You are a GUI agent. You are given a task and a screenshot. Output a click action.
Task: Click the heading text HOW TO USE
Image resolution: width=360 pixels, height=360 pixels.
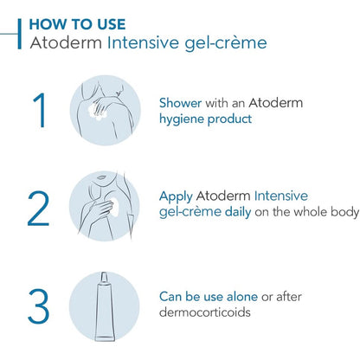(x=77, y=24)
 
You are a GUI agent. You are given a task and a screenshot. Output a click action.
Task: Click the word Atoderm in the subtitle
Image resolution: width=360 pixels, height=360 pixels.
(x=66, y=42)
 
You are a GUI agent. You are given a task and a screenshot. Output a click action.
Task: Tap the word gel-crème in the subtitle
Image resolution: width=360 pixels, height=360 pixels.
(x=226, y=43)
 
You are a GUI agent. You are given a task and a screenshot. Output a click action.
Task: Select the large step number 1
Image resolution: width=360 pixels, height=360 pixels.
(x=40, y=110)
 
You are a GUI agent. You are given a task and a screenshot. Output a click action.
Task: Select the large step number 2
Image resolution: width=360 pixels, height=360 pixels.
(x=38, y=208)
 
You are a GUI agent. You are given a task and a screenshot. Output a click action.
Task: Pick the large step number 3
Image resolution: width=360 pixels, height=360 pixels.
(x=39, y=306)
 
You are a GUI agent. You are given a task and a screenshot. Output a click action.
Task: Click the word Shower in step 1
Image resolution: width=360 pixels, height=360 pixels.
(x=180, y=103)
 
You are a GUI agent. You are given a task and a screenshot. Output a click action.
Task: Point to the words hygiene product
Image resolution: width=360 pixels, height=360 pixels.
(x=205, y=119)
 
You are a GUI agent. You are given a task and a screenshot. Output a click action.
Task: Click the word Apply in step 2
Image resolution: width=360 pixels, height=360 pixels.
(x=176, y=197)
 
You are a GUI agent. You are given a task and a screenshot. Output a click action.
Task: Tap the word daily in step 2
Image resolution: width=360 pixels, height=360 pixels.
(x=238, y=212)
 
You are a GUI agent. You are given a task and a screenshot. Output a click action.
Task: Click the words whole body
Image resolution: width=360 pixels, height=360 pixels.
(x=326, y=212)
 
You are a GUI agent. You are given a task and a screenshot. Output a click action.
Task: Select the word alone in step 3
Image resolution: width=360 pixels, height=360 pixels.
(x=242, y=297)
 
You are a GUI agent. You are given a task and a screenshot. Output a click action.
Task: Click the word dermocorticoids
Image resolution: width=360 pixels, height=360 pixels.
(x=205, y=312)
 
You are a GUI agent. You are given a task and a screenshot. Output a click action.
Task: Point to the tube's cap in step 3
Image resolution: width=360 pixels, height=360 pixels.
(x=104, y=277)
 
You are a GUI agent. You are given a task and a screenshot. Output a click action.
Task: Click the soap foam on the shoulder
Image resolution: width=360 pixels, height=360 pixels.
(x=98, y=112)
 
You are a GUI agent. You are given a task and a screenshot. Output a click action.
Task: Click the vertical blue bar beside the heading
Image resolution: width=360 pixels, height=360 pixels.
(x=20, y=34)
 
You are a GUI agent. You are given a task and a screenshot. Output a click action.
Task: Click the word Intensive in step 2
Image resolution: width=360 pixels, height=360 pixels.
(x=281, y=196)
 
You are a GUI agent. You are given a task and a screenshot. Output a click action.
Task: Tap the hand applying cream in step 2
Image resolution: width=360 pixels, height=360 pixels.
(x=98, y=210)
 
